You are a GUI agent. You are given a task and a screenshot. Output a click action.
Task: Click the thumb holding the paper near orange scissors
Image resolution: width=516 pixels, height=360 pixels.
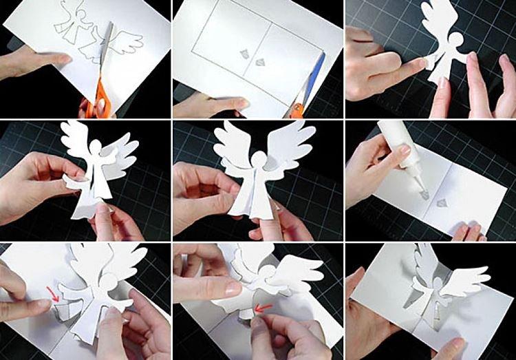coord(58,61)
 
